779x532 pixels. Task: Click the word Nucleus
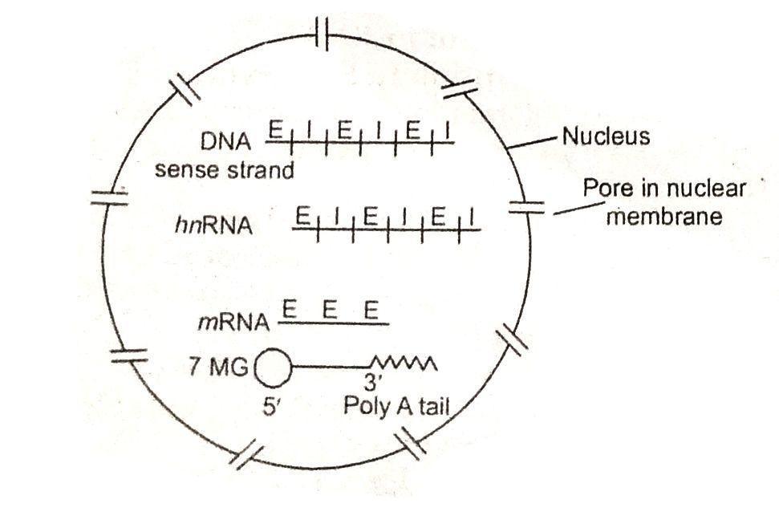click(x=606, y=136)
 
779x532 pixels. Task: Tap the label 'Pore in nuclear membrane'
click(x=664, y=202)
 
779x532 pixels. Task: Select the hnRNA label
click(x=213, y=226)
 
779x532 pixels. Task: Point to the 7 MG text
click(x=215, y=371)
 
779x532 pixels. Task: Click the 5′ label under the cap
click(x=273, y=405)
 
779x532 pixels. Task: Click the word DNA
click(x=226, y=141)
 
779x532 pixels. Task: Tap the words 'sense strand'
click(x=225, y=170)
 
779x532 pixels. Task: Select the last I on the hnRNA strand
click(x=473, y=217)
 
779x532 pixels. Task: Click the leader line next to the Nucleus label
click(x=534, y=142)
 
